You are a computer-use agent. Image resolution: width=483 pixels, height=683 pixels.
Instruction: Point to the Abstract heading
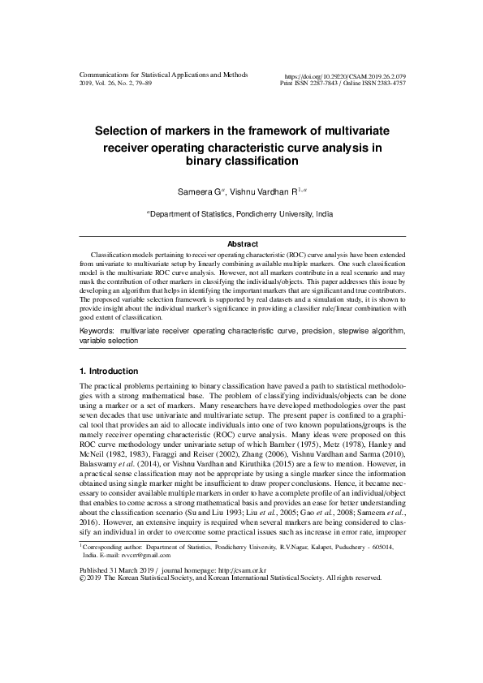pos(242,244)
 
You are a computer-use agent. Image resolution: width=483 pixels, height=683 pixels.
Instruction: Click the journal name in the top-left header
pos(162,75)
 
